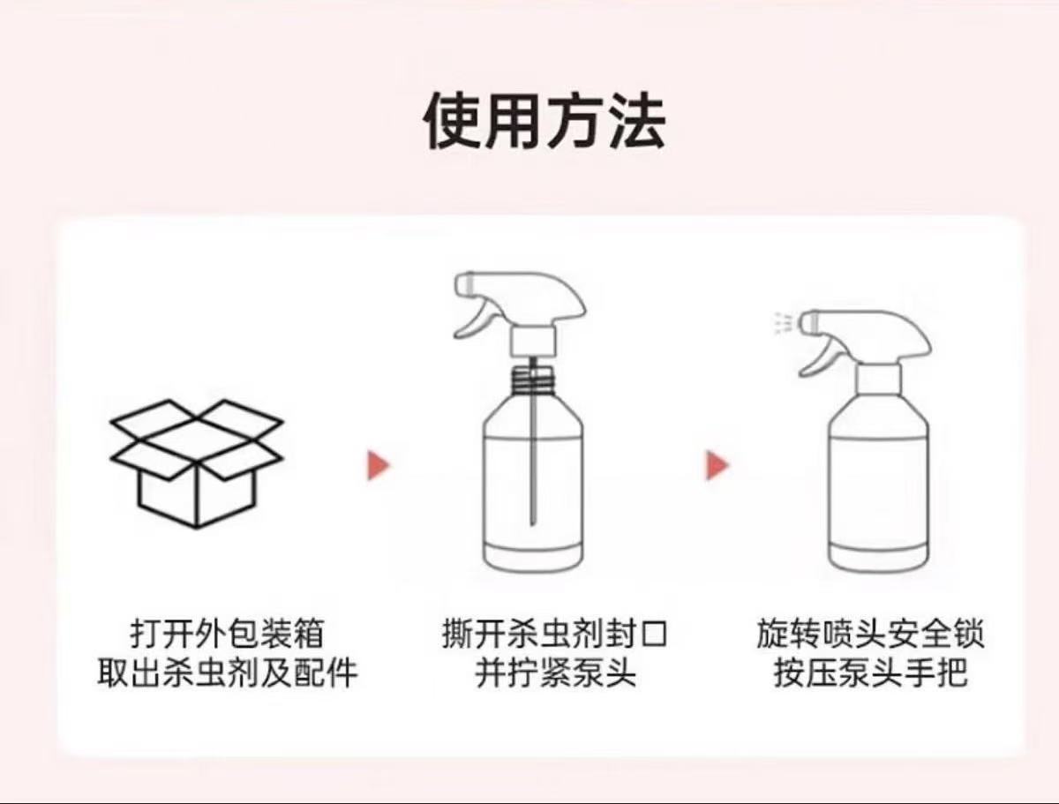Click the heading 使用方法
tap(545, 120)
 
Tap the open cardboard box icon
tap(197, 463)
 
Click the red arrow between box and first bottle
tap(379, 465)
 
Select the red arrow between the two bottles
tap(717, 465)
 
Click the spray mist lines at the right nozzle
tap(782, 323)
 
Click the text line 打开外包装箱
tap(227, 634)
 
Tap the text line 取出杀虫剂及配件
tap(227, 673)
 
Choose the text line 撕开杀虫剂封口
tap(555, 634)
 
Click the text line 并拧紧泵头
tap(555, 673)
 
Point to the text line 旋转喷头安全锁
tap(870, 634)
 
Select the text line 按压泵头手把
tap(871, 673)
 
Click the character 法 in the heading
tap(637, 121)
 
